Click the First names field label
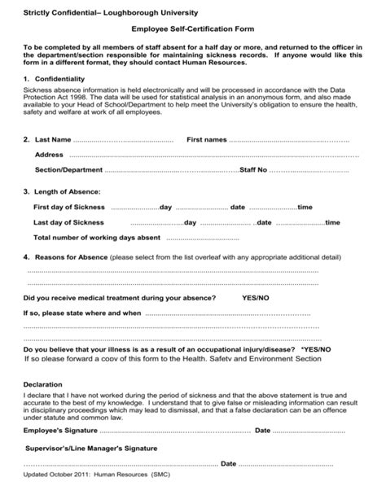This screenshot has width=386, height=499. [x=207, y=140]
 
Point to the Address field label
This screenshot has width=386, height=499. [x=49, y=155]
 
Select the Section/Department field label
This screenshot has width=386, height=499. [x=68, y=170]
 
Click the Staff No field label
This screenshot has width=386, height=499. [x=252, y=170]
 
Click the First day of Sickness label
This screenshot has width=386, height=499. [x=68, y=208]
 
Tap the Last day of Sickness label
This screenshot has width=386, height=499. [x=68, y=222]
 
